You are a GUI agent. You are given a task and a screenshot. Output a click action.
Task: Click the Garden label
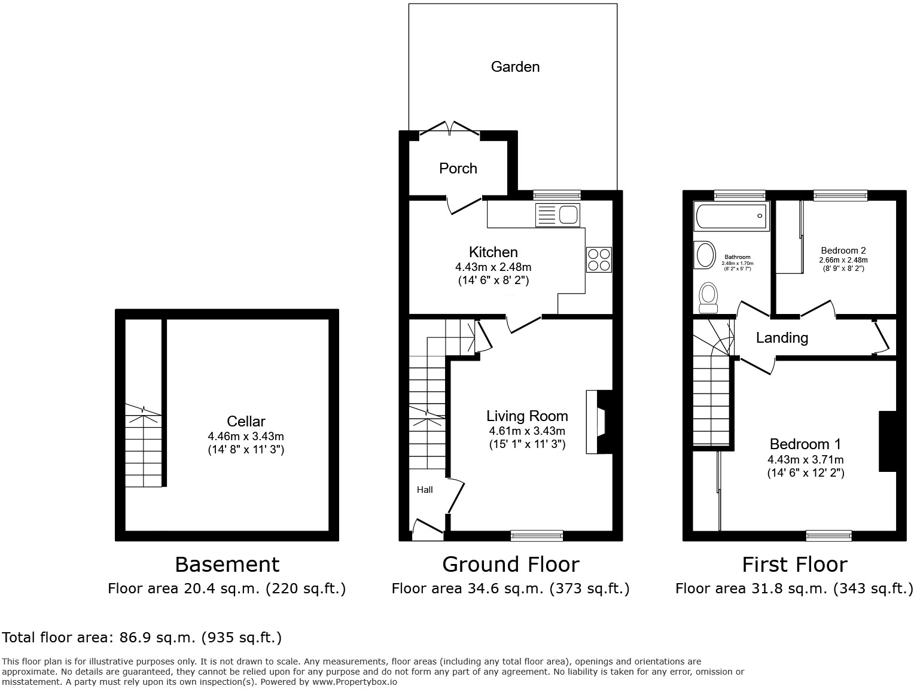pos(515,66)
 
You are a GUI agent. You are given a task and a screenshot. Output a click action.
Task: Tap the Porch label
pos(458,168)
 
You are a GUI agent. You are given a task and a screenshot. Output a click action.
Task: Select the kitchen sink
pos(558,215)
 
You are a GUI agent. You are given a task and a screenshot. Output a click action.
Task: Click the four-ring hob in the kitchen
pos(599,260)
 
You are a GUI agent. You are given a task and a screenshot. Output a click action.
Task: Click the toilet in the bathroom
pos(709,297)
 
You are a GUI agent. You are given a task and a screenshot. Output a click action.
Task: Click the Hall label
pos(425,490)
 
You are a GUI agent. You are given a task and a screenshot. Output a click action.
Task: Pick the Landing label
pos(782,338)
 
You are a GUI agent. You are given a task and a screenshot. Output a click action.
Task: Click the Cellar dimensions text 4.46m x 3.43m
pos(246,436)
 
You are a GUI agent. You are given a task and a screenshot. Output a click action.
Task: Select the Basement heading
pos(227,564)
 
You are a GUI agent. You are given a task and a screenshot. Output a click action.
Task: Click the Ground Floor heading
pos(510,564)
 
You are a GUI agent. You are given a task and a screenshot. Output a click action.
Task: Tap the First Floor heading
pos(794,564)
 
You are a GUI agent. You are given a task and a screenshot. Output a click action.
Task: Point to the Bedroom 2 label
pos(843,251)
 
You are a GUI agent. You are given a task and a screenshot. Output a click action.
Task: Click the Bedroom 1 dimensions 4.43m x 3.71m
pos(805,459)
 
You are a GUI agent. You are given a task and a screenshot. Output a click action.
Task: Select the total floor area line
pos(142,638)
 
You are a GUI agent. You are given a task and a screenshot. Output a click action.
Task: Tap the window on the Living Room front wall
pos(537,536)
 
